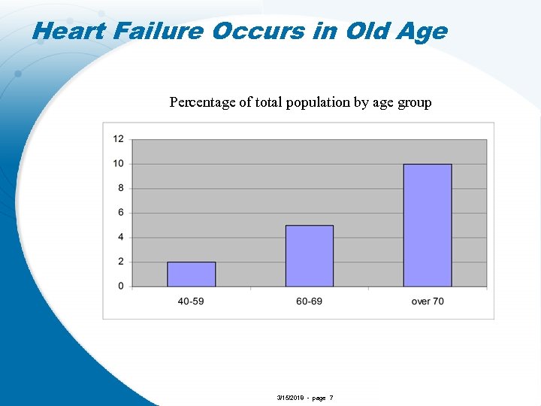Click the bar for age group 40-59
pyautogui.click(x=191, y=274)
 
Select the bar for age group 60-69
pyautogui.click(x=309, y=256)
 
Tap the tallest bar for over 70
pyautogui.click(x=427, y=225)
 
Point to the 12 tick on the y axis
pyautogui.click(x=119, y=139)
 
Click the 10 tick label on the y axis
pyautogui.click(x=119, y=164)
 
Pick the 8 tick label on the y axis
pyautogui.click(x=121, y=188)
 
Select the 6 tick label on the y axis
pyautogui.click(x=121, y=213)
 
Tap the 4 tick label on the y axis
pyautogui.click(x=121, y=237)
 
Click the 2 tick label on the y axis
pyautogui.click(x=121, y=262)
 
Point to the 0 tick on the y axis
pyautogui.click(x=121, y=286)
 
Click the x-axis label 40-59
pyautogui.click(x=191, y=301)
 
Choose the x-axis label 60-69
pyautogui.click(x=309, y=301)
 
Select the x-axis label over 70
pyautogui.click(x=427, y=301)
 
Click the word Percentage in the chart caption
pyautogui.click(x=202, y=102)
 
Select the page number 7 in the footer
pyautogui.click(x=331, y=398)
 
